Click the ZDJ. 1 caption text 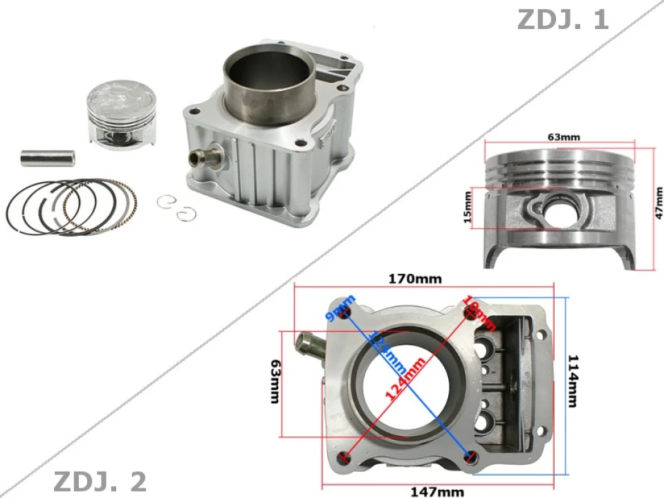coord(562,19)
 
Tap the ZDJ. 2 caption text coord(100,480)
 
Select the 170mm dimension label coord(414,279)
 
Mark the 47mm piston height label coord(658,207)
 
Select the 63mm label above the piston coord(564,137)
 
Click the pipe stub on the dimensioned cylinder coord(309,344)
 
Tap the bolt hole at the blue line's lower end coord(471,456)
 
